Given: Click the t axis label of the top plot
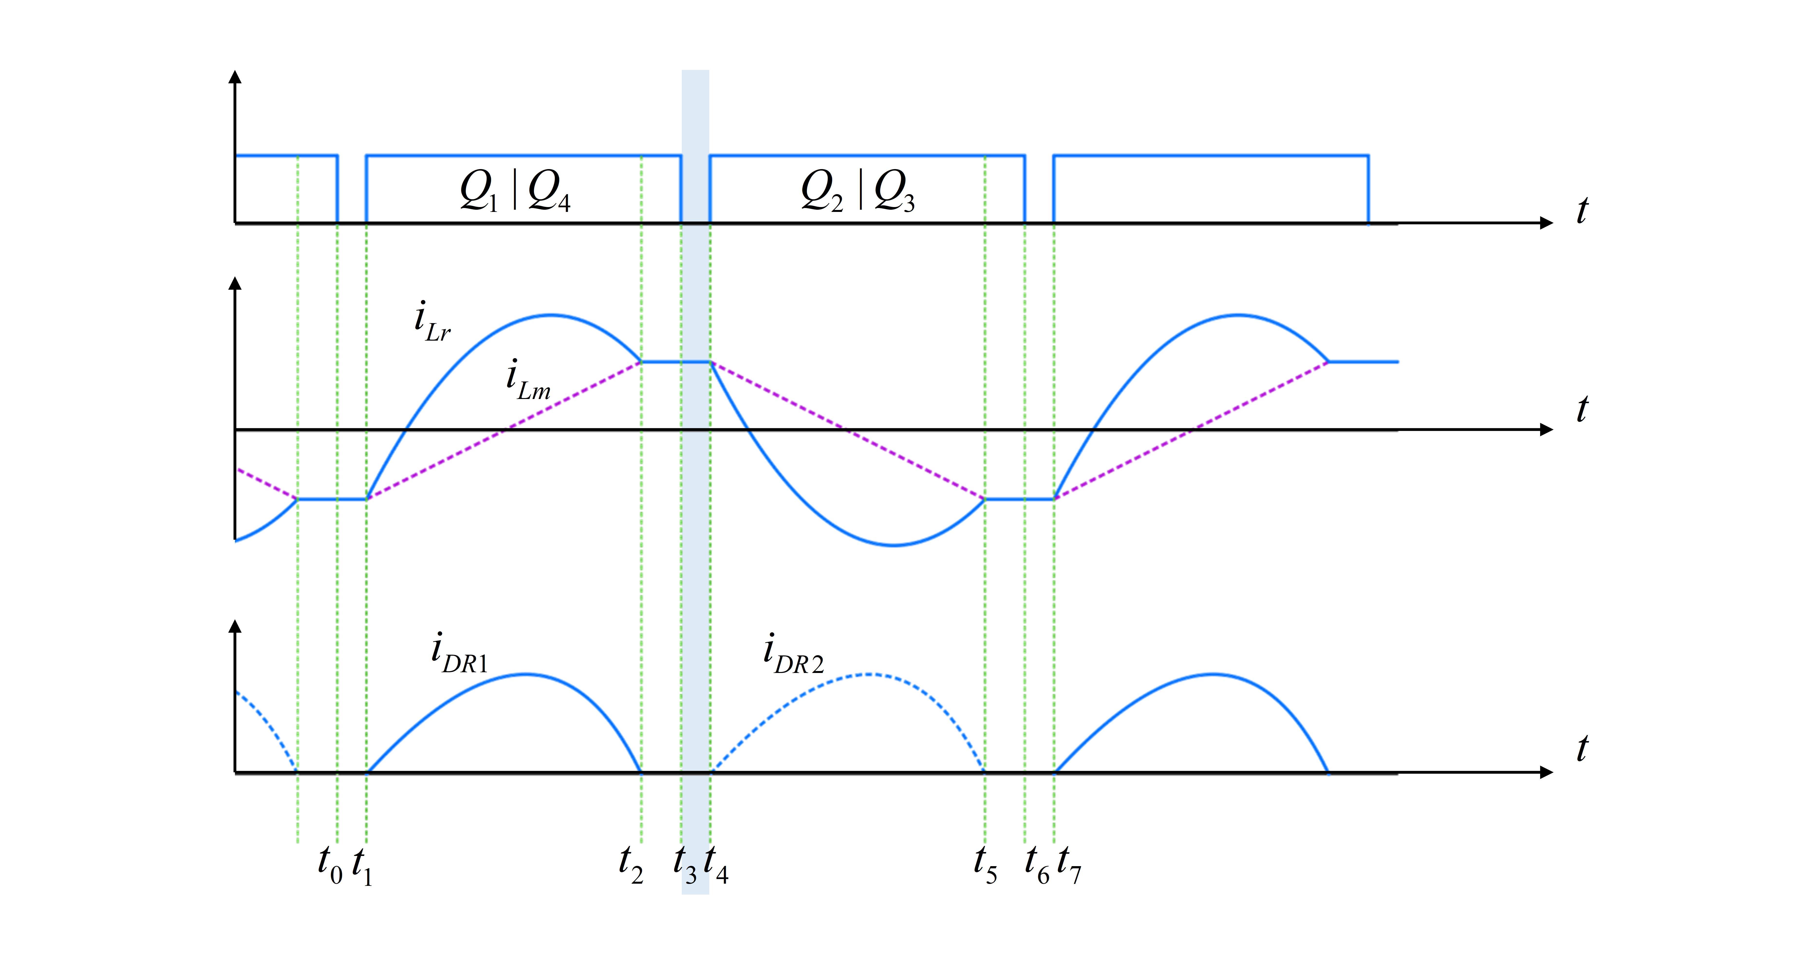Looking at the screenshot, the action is click(x=1582, y=210).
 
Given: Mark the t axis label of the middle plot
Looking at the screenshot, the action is click(x=1582, y=409).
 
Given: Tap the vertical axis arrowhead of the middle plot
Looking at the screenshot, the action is click(x=236, y=284).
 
